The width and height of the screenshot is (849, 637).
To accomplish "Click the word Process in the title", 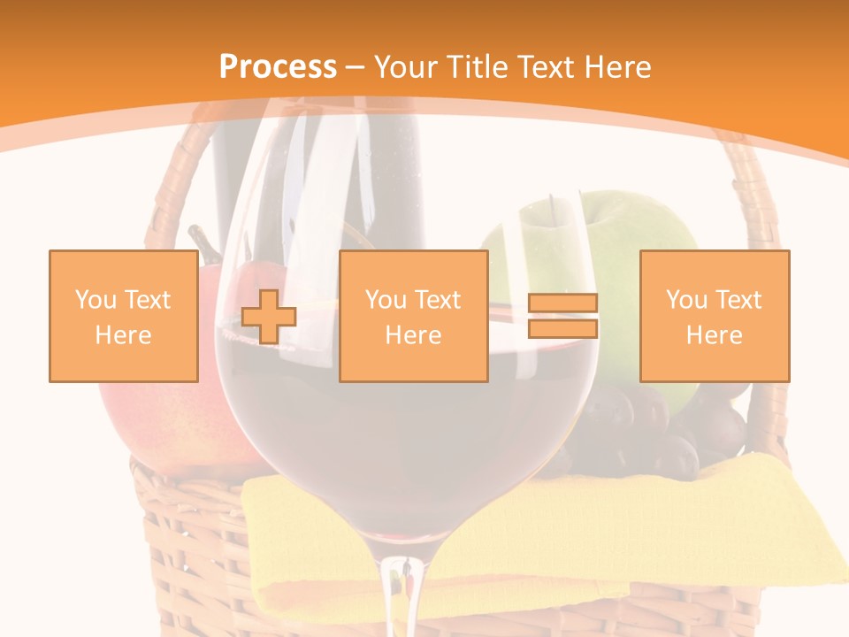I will click(x=278, y=67).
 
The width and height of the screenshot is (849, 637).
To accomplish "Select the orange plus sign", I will click(x=269, y=316).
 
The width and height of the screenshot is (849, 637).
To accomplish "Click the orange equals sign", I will click(x=562, y=316).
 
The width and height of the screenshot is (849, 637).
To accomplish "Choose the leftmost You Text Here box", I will click(x=123, y=316).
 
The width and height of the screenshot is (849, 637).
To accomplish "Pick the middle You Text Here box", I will click(x=413, y=316).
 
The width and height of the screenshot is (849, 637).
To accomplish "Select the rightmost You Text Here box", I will click(x=714, y=316).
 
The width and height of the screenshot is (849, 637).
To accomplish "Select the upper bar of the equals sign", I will click(x=562, y=303).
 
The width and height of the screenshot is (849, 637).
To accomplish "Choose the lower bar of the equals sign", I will click(x=562, y=328).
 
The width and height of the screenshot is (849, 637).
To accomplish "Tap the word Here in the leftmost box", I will click(x=123, y=335).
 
